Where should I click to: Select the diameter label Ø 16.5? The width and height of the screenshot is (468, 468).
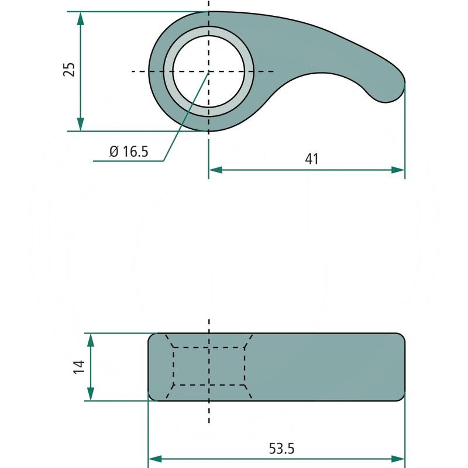point(129,152)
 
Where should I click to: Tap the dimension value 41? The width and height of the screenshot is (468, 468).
point(312,159)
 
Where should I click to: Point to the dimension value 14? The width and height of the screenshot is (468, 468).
point(80,367)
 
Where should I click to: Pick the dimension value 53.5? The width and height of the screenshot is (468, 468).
point(281,449)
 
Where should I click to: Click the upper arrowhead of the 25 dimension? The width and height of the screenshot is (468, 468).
point(80,18)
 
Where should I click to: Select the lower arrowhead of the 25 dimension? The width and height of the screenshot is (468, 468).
point(80,125)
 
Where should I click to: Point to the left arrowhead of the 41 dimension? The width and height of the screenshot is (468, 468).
point(216,170)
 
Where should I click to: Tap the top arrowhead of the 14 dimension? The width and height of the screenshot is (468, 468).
point(91,340)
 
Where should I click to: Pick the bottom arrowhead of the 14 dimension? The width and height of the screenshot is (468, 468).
point(91,394)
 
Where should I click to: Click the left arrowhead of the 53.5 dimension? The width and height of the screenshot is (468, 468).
point(155,459)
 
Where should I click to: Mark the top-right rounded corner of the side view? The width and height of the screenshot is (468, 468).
point(401,337)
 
